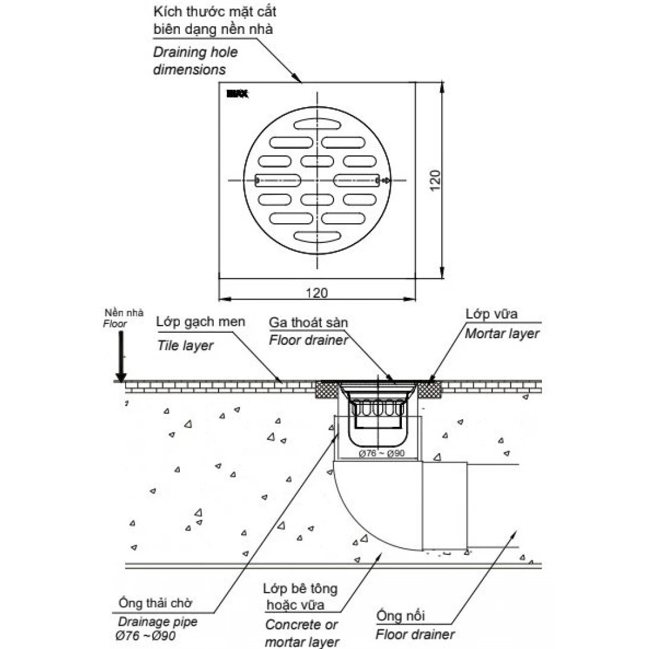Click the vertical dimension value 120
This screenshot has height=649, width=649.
pos(435,180)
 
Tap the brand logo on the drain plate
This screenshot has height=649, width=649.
pos(238,93)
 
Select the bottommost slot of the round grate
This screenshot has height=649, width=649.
pos(317,236)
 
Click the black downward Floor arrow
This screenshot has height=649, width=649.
pos(121,357)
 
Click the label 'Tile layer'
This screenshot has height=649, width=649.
pos(185,346)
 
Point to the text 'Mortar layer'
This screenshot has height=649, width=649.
pos(502,333)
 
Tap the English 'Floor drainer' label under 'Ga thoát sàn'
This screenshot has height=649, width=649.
pos(308,341)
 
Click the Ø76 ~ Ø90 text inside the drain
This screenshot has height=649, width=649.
pos(381,453)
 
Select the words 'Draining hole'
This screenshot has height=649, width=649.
pos(195,52)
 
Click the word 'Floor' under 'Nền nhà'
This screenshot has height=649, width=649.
pos(115,324)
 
